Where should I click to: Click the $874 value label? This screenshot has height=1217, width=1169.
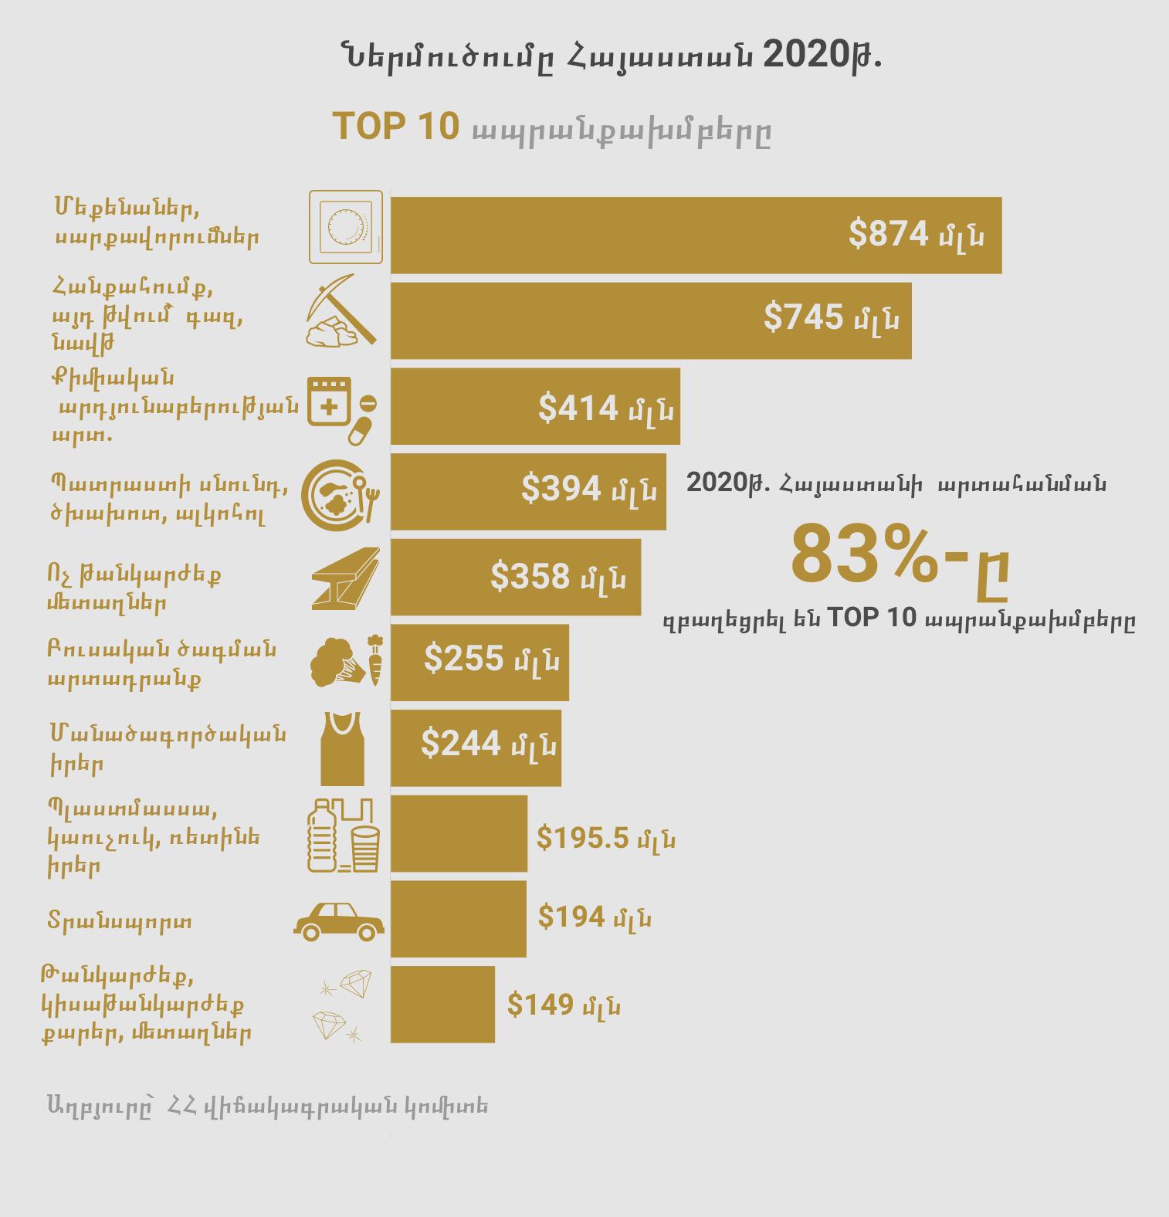pos(916,234)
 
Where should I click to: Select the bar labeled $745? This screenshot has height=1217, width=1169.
pos(650,320)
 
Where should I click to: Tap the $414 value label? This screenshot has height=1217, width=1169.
pos(605,408)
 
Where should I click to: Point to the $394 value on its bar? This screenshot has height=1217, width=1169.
pos(588,489)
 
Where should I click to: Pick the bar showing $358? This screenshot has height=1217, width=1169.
pos(515,577)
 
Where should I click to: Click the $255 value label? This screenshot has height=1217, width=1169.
pos(491,660)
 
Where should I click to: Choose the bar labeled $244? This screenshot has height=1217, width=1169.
pos(476,747)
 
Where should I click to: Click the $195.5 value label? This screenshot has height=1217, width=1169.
pos(605,838)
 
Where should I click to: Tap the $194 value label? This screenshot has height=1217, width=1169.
pos(594,917)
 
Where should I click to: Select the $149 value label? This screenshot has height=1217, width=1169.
pos(564,1005)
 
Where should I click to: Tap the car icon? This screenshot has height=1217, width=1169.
pos(339,919)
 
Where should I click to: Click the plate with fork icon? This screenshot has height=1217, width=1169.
pos(341,494)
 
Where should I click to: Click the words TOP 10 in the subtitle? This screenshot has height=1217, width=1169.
pos(395,127)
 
